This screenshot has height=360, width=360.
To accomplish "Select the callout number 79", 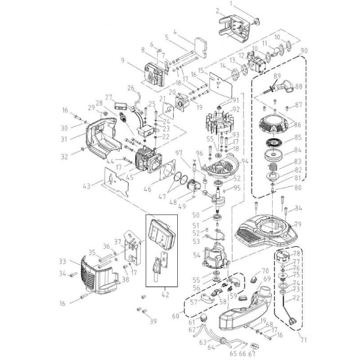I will coord(297,224).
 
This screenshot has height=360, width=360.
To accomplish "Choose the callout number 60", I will coord(175,316).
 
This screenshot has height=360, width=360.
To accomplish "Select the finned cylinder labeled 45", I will coord(148,160).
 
